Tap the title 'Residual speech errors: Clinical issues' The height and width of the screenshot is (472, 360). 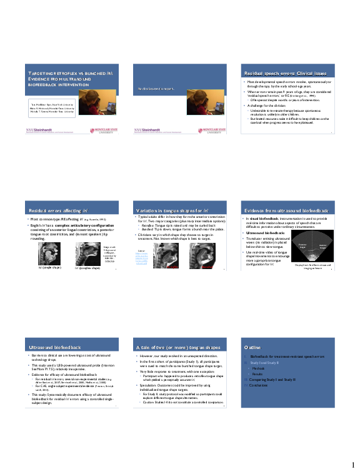pos(277,73)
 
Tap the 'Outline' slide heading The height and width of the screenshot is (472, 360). pos(252,347)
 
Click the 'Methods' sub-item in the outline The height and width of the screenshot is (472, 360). pos(257,368)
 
